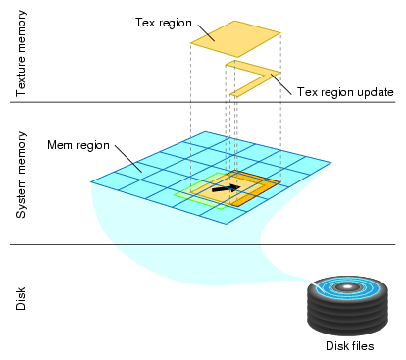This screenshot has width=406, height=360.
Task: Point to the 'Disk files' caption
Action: [x=350, y=346]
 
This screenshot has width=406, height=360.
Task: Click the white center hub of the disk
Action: [x=350, y=288]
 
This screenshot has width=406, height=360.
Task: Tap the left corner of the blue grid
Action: [x=91, y=181]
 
